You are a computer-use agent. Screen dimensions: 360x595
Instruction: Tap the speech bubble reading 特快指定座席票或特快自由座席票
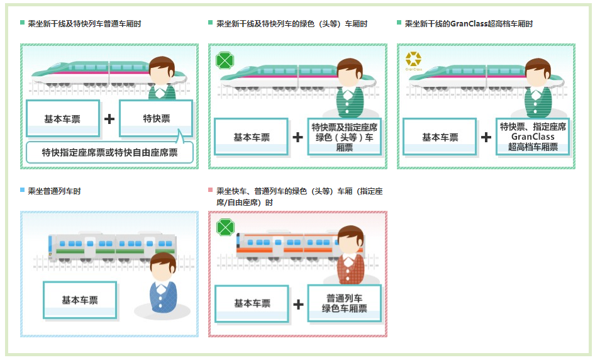coord(109,152)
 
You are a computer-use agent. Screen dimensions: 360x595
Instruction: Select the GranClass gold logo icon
coord(413,60)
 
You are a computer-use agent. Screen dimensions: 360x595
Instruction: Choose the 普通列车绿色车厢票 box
coord(344,303)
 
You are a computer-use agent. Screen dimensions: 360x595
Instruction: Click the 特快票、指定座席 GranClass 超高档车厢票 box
coord(532,137)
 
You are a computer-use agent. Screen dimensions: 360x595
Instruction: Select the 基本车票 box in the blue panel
coord(80,300)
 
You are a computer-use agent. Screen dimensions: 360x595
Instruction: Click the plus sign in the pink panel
coord(298,304)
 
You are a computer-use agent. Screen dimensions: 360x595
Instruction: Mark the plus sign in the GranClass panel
coord(486,137)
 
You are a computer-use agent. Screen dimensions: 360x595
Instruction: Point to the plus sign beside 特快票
coord(109,118)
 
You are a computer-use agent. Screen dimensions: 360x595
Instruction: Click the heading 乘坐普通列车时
coord(54,191)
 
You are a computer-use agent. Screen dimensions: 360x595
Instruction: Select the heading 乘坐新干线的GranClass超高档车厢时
coord(469,24)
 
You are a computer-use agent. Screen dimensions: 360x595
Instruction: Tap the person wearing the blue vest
coord(163,283)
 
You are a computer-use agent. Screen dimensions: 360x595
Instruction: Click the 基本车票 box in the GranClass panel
coord(440,137)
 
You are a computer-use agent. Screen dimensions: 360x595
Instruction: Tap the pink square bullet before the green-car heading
coord(211,190)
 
